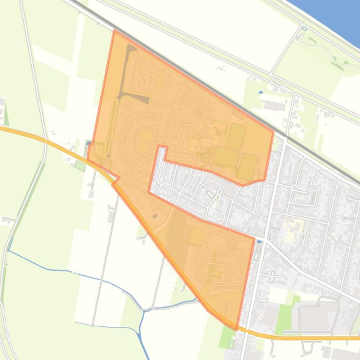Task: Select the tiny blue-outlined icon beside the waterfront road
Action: [304, 29]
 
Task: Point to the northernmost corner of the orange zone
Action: [115, 31]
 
